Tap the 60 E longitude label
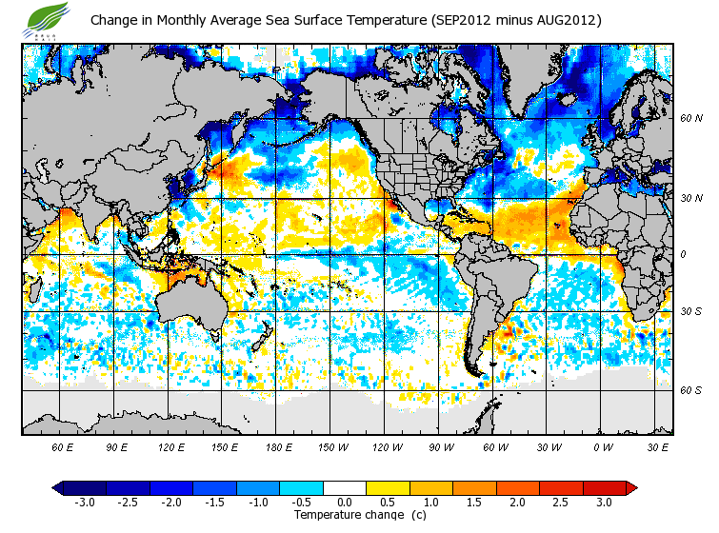pos(62,445)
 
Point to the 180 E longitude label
pos(279,445)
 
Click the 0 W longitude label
pos(602,445)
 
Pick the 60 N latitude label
pos(690,119)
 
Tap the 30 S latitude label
pos(690,311)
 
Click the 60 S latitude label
pos(690,390)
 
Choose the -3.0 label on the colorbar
pos(84,502)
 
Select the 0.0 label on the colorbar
pos(344,502)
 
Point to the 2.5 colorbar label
pos(560,502)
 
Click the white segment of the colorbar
pos(344,487)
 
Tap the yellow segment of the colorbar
pos(387,487)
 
